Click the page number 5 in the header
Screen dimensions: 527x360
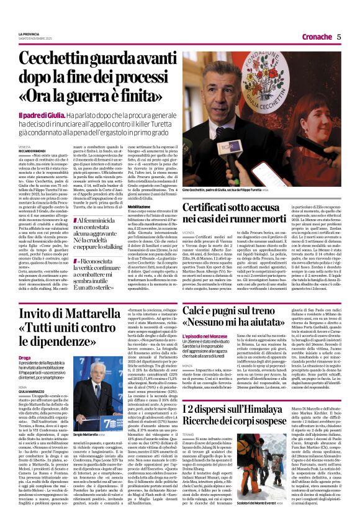[340, 37]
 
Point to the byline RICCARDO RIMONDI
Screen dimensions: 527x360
[32, 150]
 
